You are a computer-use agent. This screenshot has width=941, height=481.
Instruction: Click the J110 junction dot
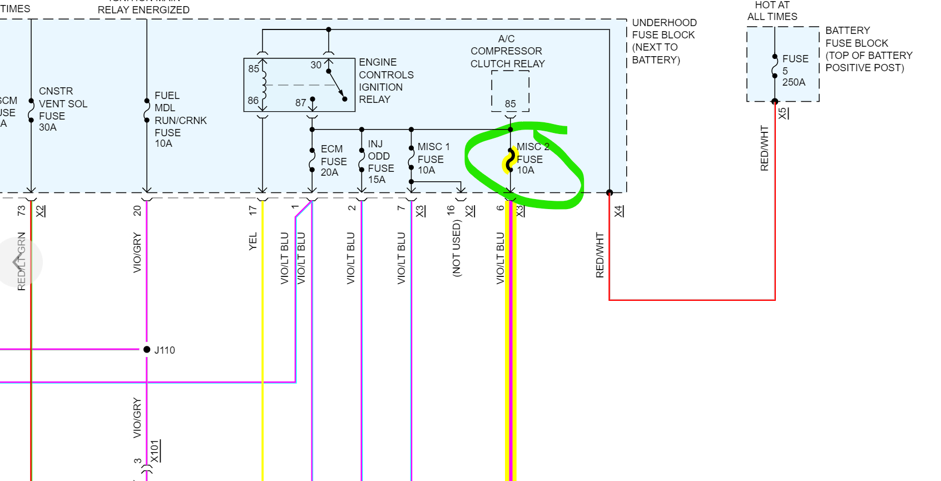pyautogui.click(x=147, y=350)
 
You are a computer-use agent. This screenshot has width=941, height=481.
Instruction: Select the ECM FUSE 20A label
pyautogui.click(x=333, y=161)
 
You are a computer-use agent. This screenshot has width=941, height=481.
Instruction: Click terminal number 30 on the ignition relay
pyautogui.click(x=316, y=65)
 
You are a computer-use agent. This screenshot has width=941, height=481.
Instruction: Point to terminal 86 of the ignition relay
pyautogui.click(x=253, y=101)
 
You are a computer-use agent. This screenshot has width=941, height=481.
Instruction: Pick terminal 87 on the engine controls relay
pyautogui.click(x=301, y=103)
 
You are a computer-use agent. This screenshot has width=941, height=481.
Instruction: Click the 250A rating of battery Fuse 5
pyautogui.click(x=794, y=82)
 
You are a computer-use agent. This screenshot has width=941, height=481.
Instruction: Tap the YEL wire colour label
pyautogui.click(x=253, y=241)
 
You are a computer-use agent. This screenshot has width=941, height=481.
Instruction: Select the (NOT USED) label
pyautogui.click(x=457, y=248)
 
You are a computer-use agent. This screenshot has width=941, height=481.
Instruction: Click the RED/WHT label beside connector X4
pyautogui.click(x=600, y=255)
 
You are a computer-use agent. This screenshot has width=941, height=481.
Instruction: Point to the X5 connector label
pyautogui.click(x=783, y=113)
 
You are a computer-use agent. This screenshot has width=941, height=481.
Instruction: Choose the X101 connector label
pyautogui.click(x=155, y=451)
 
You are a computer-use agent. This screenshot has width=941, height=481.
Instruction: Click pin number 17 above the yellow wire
pyautogui.click(x=253, y=210)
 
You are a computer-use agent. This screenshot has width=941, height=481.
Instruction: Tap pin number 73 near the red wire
pyautogui.click(x=21, y=211)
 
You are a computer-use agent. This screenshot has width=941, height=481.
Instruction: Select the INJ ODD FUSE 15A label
pyautogui.click(x=380, y=162)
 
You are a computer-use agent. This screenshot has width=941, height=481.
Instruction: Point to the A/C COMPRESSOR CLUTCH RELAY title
pyautogui.click(x=507, y=51)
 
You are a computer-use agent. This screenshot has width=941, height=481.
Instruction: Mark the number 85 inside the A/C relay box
pyautogui.click(x=510, y=104)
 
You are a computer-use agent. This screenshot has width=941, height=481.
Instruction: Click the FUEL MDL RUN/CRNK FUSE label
pyautogui.click(x=180, y=120)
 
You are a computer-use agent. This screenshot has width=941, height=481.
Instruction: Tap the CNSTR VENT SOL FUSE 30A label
pyautogui.click(x=62, y=109)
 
